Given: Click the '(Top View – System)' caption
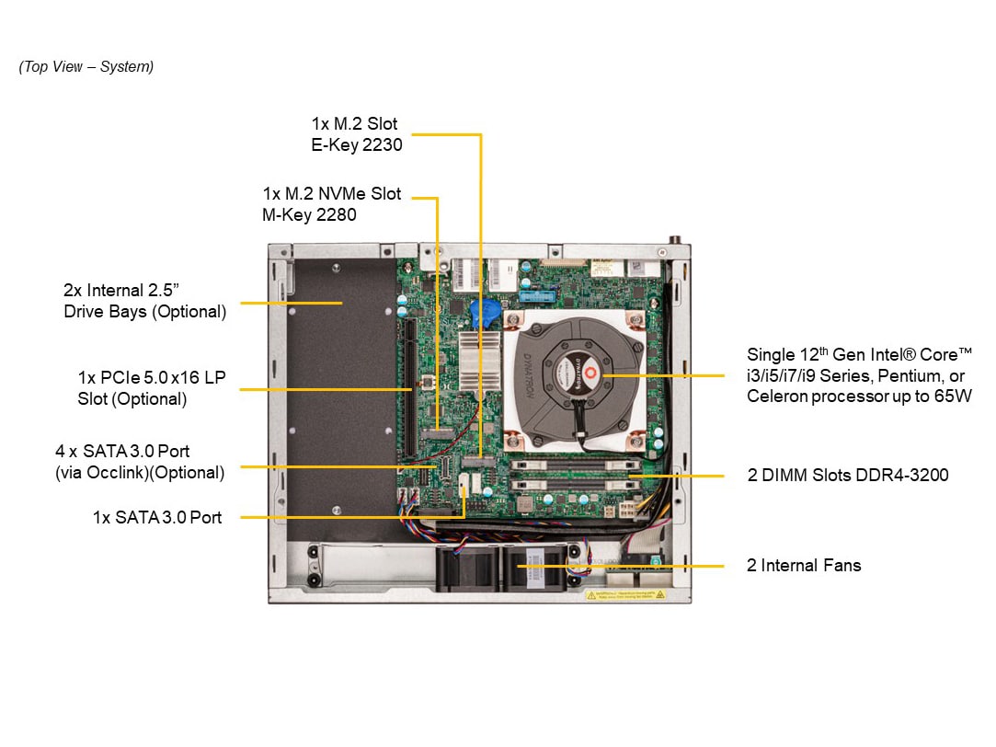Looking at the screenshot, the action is [x=86, y=66].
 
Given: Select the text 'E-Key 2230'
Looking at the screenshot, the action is [x=356, y=144].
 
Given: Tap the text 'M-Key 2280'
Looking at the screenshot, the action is [x=309, y=214].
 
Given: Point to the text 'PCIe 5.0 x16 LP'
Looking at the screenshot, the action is [x=163, y=377].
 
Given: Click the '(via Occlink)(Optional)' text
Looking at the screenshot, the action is [x=140, y=473].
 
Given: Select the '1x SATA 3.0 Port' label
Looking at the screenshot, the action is [x=157, y=518].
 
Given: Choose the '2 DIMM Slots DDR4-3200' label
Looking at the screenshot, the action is [x=848, y=475].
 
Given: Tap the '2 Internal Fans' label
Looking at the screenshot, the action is [x=804, y=566].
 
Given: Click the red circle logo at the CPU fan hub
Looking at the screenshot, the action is [x=590, y=373].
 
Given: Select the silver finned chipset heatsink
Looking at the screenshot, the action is [x=479, y=361].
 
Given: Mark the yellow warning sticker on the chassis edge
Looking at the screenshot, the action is [x=625, y=595].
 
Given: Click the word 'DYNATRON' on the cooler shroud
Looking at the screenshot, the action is [x=528, y=375].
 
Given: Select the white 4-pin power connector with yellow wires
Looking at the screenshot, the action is [x=626, y=509].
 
